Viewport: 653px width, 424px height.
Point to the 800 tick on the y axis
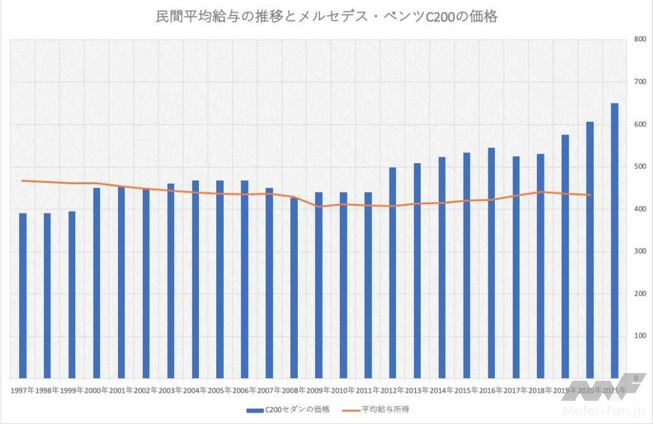point(638,40)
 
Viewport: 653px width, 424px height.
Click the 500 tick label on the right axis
point(638,167)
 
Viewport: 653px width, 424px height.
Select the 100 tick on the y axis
point(638,336)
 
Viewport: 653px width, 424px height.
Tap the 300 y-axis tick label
point(638,252)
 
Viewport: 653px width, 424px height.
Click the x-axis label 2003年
point(170,390)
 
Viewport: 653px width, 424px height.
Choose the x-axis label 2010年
point(343,390)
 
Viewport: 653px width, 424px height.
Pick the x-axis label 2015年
point(467,390)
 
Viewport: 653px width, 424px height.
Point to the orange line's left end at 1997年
point(23,181)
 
